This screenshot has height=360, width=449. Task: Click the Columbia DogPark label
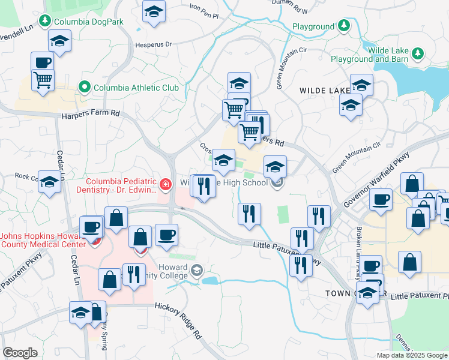[88, 22]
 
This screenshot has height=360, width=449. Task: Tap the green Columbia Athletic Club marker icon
[85, 88]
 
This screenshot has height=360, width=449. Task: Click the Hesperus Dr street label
[156, 44]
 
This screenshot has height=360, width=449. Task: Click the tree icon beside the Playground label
[343, 26]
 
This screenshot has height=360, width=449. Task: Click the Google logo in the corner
[20, 353]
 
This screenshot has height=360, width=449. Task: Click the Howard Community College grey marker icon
[197, 271]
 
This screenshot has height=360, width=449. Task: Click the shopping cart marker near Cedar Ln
[43, 79]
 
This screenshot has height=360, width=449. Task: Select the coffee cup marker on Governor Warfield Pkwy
[380, 199]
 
